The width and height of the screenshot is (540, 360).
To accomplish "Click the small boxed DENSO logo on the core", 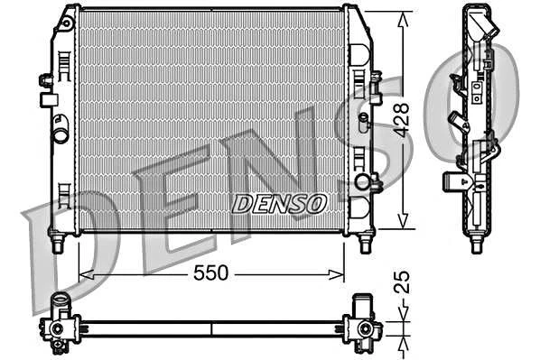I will pyautogui.click(x=279, y=204).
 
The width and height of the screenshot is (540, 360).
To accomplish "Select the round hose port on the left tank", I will pyautogui.click(x=61, y=136).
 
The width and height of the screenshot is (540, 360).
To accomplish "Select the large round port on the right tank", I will pyautogui.click(x=363, y=182).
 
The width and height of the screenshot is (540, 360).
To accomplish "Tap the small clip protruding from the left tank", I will pyautogui.click(x=45, y=80).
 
